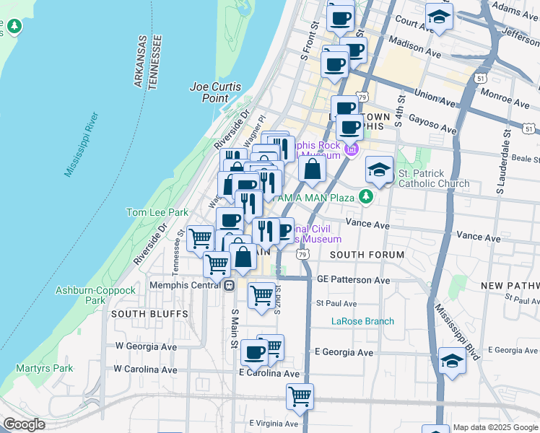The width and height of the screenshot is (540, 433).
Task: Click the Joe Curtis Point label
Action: coord(209,92)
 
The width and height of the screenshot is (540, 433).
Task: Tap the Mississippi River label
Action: coord(80,144)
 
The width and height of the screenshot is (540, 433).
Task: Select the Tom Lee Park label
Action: coord(157,212)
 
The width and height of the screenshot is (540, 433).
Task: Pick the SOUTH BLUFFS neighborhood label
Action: coord(149,314)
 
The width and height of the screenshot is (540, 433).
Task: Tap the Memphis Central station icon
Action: coord(229,284)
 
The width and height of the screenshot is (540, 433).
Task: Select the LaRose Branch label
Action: coord(362,321)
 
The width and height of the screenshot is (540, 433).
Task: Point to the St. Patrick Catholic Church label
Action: coord(433,178)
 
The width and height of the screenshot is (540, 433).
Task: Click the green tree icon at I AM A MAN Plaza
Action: coord(367,196)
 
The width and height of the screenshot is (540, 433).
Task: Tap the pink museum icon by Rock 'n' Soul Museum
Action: coord(352,150)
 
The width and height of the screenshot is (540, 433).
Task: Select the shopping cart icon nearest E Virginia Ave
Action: coord(299,395)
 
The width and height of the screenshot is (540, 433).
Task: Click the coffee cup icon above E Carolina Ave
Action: coord(254,352)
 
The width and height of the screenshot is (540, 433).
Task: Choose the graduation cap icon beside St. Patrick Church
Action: coord(379,170)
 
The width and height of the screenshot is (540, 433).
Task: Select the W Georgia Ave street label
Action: coord(146,346)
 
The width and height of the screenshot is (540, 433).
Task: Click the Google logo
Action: coord(25,424)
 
